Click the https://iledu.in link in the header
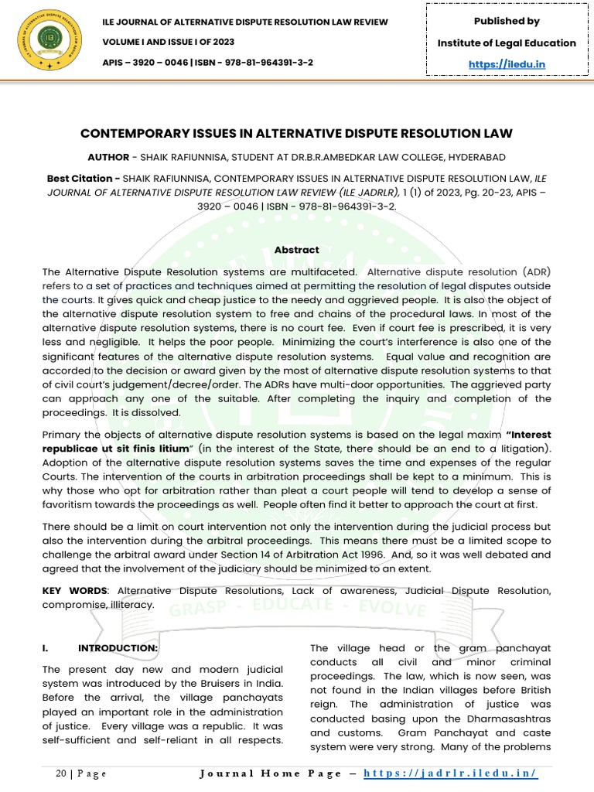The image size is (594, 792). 507,64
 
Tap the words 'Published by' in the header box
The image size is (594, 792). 507,21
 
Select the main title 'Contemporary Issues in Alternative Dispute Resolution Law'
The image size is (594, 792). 297,134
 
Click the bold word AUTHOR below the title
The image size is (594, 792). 108,156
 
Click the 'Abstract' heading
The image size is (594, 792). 297,250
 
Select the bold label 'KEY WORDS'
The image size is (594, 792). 74,591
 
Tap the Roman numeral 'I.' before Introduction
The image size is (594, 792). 46,647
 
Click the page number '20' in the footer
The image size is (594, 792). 63,773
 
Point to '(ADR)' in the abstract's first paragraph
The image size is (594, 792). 533,271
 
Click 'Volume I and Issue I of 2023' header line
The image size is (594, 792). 169,42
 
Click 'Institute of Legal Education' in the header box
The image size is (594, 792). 507,43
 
